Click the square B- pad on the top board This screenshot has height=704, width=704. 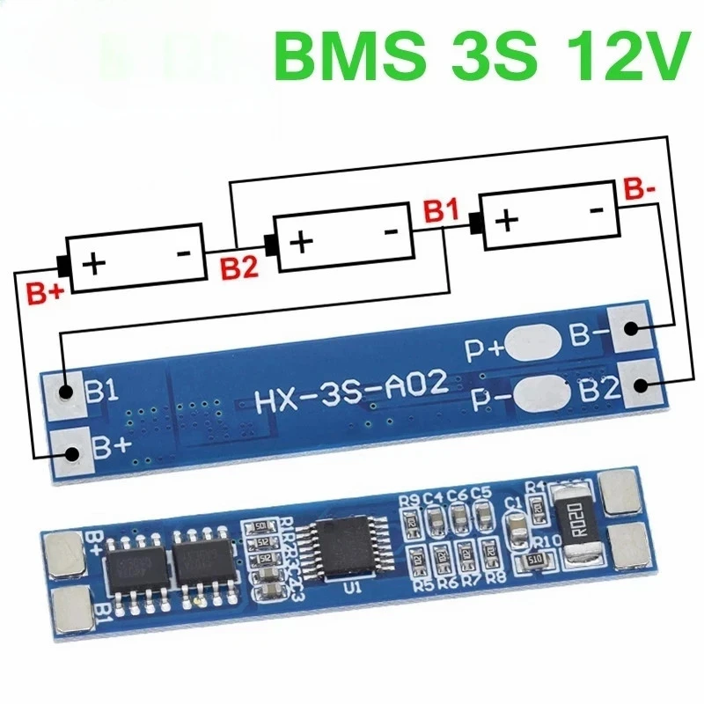click(x=631, y=329)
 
